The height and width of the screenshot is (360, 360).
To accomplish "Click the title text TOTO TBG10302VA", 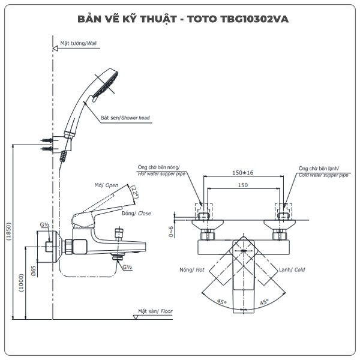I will point(240,19).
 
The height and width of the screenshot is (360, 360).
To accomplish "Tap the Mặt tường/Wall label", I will point(79,43).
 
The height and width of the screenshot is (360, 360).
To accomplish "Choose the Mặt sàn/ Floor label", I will point(155,311).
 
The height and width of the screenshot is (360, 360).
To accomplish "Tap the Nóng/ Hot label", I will point(191,270).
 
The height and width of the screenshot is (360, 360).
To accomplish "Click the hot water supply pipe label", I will point(162,171).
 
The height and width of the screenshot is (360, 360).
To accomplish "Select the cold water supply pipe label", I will point(323,172).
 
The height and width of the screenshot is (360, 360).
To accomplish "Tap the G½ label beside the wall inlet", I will point(44,224).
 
